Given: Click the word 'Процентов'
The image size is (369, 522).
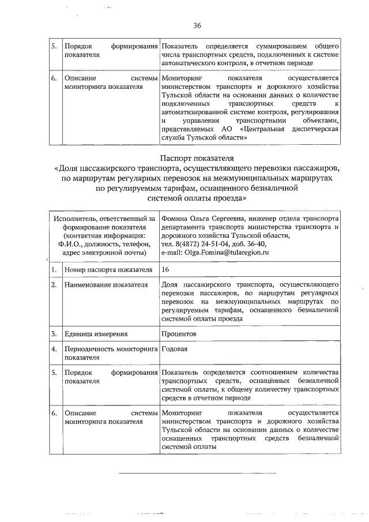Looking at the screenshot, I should point(179,334).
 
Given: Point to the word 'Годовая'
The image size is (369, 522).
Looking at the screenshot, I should point(175,349).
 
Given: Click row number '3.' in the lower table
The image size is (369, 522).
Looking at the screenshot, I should point(54,334).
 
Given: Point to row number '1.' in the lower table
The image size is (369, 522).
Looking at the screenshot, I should point(54,269).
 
